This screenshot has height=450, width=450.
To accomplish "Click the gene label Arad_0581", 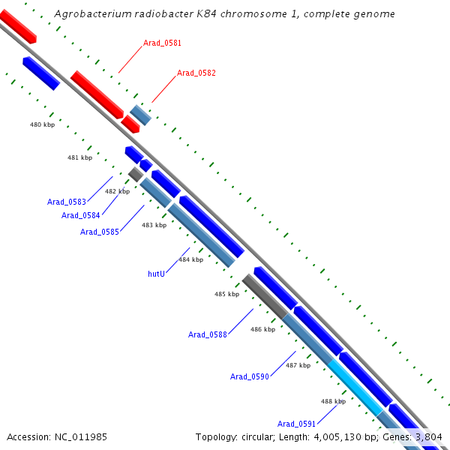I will [162, 43].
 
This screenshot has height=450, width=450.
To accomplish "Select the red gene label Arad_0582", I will [196, 73].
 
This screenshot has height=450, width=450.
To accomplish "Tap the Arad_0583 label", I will [67, 202].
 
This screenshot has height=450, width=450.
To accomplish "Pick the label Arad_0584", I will [81, 216].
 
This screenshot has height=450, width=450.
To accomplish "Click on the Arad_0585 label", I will [100, 232].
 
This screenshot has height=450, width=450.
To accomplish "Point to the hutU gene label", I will [156, 274].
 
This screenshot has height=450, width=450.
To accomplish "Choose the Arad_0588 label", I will [208, 334].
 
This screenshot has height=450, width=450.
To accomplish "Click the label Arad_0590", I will [250, 376].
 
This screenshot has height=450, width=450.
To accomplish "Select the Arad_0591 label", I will [296, 424].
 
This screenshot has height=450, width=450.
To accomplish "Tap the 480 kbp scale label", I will [42, 124].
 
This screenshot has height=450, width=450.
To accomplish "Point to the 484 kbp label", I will [190, 259].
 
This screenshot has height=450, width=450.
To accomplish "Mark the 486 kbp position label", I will [262, 329].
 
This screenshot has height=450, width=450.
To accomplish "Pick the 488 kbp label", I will [333, 401].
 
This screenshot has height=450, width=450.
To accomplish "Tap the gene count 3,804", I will [428, 436].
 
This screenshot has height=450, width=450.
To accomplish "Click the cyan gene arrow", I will [355, 387].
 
